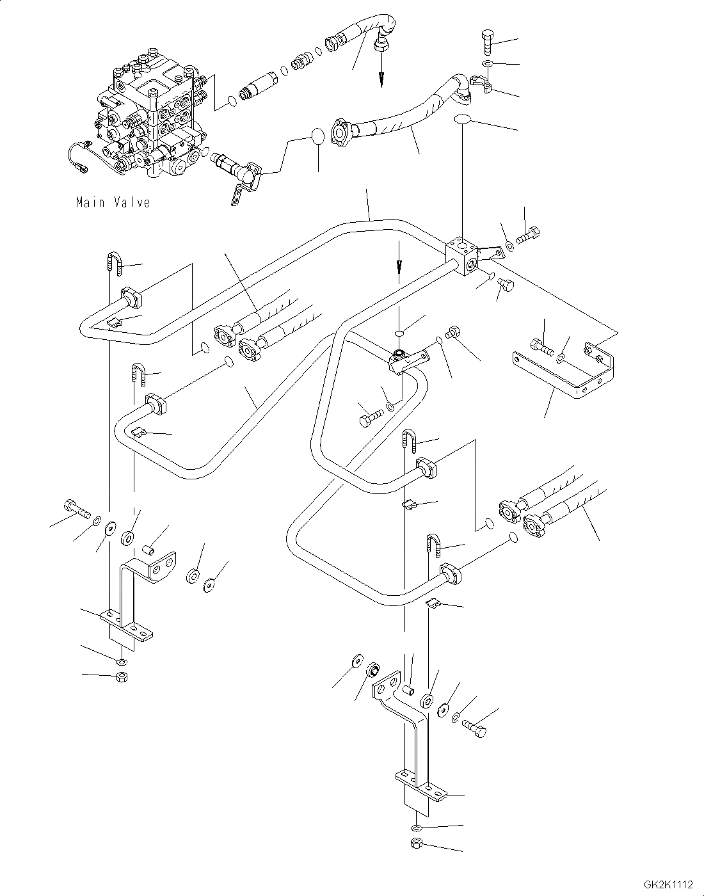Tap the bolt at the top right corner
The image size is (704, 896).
487,42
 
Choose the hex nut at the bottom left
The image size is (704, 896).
122,676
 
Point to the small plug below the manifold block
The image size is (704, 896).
506,285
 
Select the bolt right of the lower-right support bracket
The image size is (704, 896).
474,728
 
